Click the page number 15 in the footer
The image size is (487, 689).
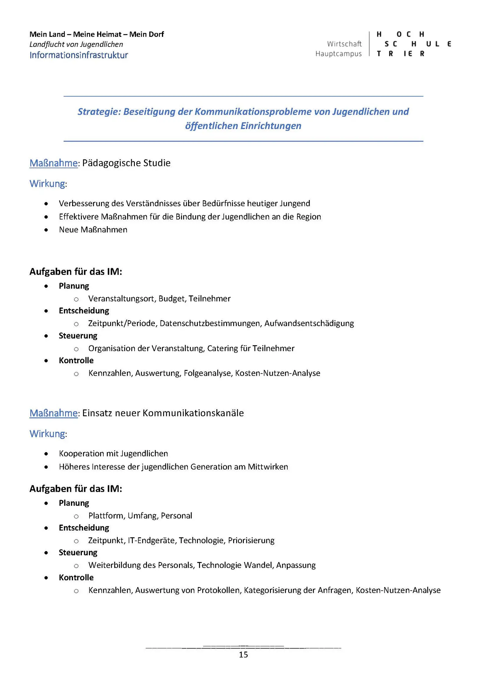243,654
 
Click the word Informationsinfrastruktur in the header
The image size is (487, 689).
79,55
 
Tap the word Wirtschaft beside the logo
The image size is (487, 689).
344,44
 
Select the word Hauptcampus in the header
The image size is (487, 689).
338,54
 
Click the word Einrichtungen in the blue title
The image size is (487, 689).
271,126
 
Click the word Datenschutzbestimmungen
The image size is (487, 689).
210,323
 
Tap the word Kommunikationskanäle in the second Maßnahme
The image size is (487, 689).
193,413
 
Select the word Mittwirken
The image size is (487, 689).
268,467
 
